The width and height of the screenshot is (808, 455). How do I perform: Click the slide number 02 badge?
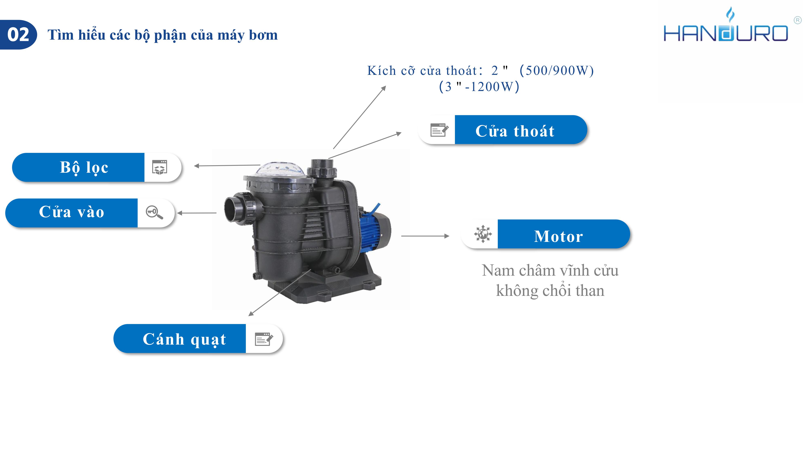[18, 35]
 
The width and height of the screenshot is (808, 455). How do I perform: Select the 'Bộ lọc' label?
[84, 167]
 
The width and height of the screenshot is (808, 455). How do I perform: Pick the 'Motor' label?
[558, 236]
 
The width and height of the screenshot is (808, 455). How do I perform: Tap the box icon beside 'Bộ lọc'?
[160, 167]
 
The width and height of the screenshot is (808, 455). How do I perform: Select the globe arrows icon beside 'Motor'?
[483, 234]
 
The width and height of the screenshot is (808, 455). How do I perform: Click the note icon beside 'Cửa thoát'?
[439, 130]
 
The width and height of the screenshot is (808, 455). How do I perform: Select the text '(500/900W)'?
[557, 70]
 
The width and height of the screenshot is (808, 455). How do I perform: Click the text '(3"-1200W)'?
[479, 87]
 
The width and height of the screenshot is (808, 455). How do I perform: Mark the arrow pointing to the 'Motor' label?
[425, 236]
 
